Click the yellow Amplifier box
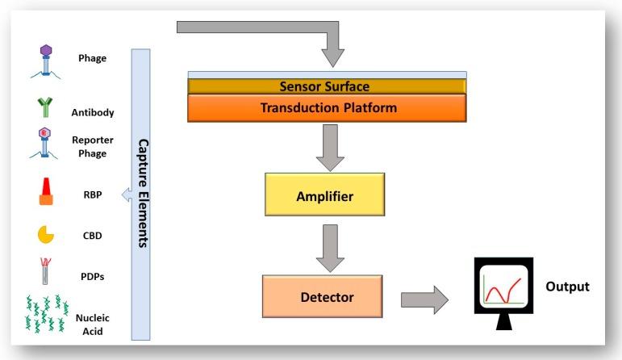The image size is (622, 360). tap(324, 195)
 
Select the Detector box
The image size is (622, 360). tap(322, 296)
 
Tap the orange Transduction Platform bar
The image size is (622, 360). tap(327, 107)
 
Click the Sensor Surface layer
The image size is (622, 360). tap(327, 86)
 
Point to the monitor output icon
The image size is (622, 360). tap(503, 293)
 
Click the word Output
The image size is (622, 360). tap(567, 287)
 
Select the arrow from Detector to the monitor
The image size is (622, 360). tap(424, 299)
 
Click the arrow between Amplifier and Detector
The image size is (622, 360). tap(330, 248)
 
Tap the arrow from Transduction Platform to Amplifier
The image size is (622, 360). tap(330, 148)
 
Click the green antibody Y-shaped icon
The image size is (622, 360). tap(45, 107)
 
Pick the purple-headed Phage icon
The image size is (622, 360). tap(46, 61)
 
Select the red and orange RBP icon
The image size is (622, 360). tap(46, 191)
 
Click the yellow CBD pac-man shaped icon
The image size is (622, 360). tap(45, 235)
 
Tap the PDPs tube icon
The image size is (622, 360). tap(45, 271)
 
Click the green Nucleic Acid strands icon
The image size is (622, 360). tap(47, 313)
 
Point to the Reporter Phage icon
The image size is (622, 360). tap(44, 143)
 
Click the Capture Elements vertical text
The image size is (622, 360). tap(143, 193)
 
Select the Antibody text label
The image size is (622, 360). tap(93, 112)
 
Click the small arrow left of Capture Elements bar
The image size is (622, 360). tap(127, 195)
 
